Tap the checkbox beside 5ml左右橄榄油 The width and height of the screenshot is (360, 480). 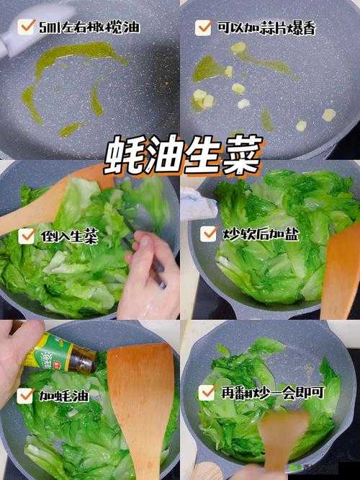(x=26, y=27)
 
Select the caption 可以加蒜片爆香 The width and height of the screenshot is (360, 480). (x=266, y=28)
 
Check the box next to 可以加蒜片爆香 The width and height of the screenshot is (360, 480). (x=203, y=28)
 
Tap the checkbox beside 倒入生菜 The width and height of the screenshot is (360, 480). (x=27, y=236)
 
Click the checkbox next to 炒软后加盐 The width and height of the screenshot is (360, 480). (x=208, y=234)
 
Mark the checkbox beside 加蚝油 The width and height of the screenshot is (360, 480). (x=26, y=394)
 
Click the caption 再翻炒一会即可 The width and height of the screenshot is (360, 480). (x=267, y=392)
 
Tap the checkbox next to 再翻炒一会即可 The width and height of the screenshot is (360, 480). (x=207, y=392)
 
